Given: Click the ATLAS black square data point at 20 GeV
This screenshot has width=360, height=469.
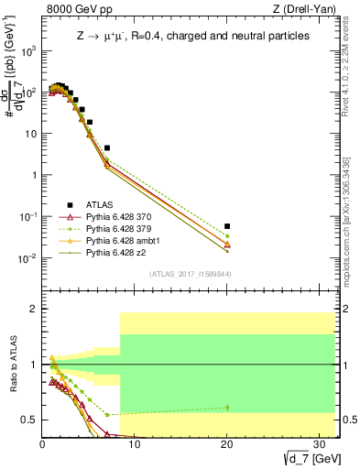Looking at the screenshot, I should point(227,225).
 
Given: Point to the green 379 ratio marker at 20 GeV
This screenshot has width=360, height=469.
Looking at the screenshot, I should point(227,407).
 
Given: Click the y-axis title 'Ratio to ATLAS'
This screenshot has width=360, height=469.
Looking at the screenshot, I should point(12,371).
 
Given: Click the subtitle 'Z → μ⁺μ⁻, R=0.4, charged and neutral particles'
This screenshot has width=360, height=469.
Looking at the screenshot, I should point(180,35).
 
